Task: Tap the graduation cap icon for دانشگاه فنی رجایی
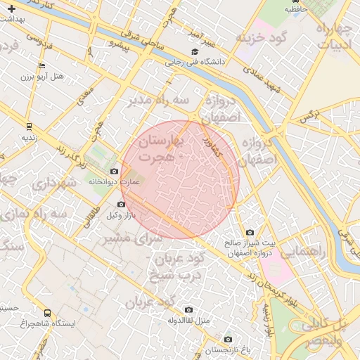point(195,52)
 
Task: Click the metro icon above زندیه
point(29,127)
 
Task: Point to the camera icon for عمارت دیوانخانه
point(115,171)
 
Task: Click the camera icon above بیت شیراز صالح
point(250,233)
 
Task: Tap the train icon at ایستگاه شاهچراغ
point(47,313)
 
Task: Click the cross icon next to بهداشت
point(10,8)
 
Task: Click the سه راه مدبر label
point(158,101)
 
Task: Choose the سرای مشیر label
point(134,238)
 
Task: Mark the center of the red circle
point(180,179)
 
